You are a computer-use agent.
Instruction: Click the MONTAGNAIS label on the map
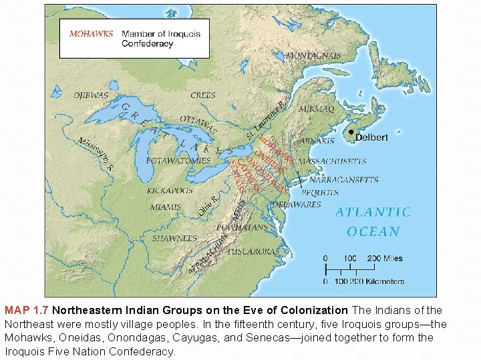click(x=313, y=56)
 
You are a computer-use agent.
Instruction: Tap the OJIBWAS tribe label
click(x=90, y=95)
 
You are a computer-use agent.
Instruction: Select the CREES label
click(x=203, y=95)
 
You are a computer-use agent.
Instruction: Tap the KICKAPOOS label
click(x=170, y=191)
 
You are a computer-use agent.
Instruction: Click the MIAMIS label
click(x=165, y=207)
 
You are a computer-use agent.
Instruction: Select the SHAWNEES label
click(x=174, y=238)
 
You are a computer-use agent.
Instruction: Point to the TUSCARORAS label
click(x=253, y=251)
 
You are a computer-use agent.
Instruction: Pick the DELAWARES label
click(x=297, y=205)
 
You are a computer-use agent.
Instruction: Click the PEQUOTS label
click(x=319, y=193)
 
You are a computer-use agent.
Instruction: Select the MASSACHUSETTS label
click(x=332, y=161)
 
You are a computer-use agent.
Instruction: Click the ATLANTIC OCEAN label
click(x=373, y=221)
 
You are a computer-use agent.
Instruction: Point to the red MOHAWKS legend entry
click(x=90, y=33)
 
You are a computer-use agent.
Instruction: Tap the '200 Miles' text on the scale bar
click(x=384, y=258)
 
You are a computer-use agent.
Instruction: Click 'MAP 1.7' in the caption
click(x=26, y=311)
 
